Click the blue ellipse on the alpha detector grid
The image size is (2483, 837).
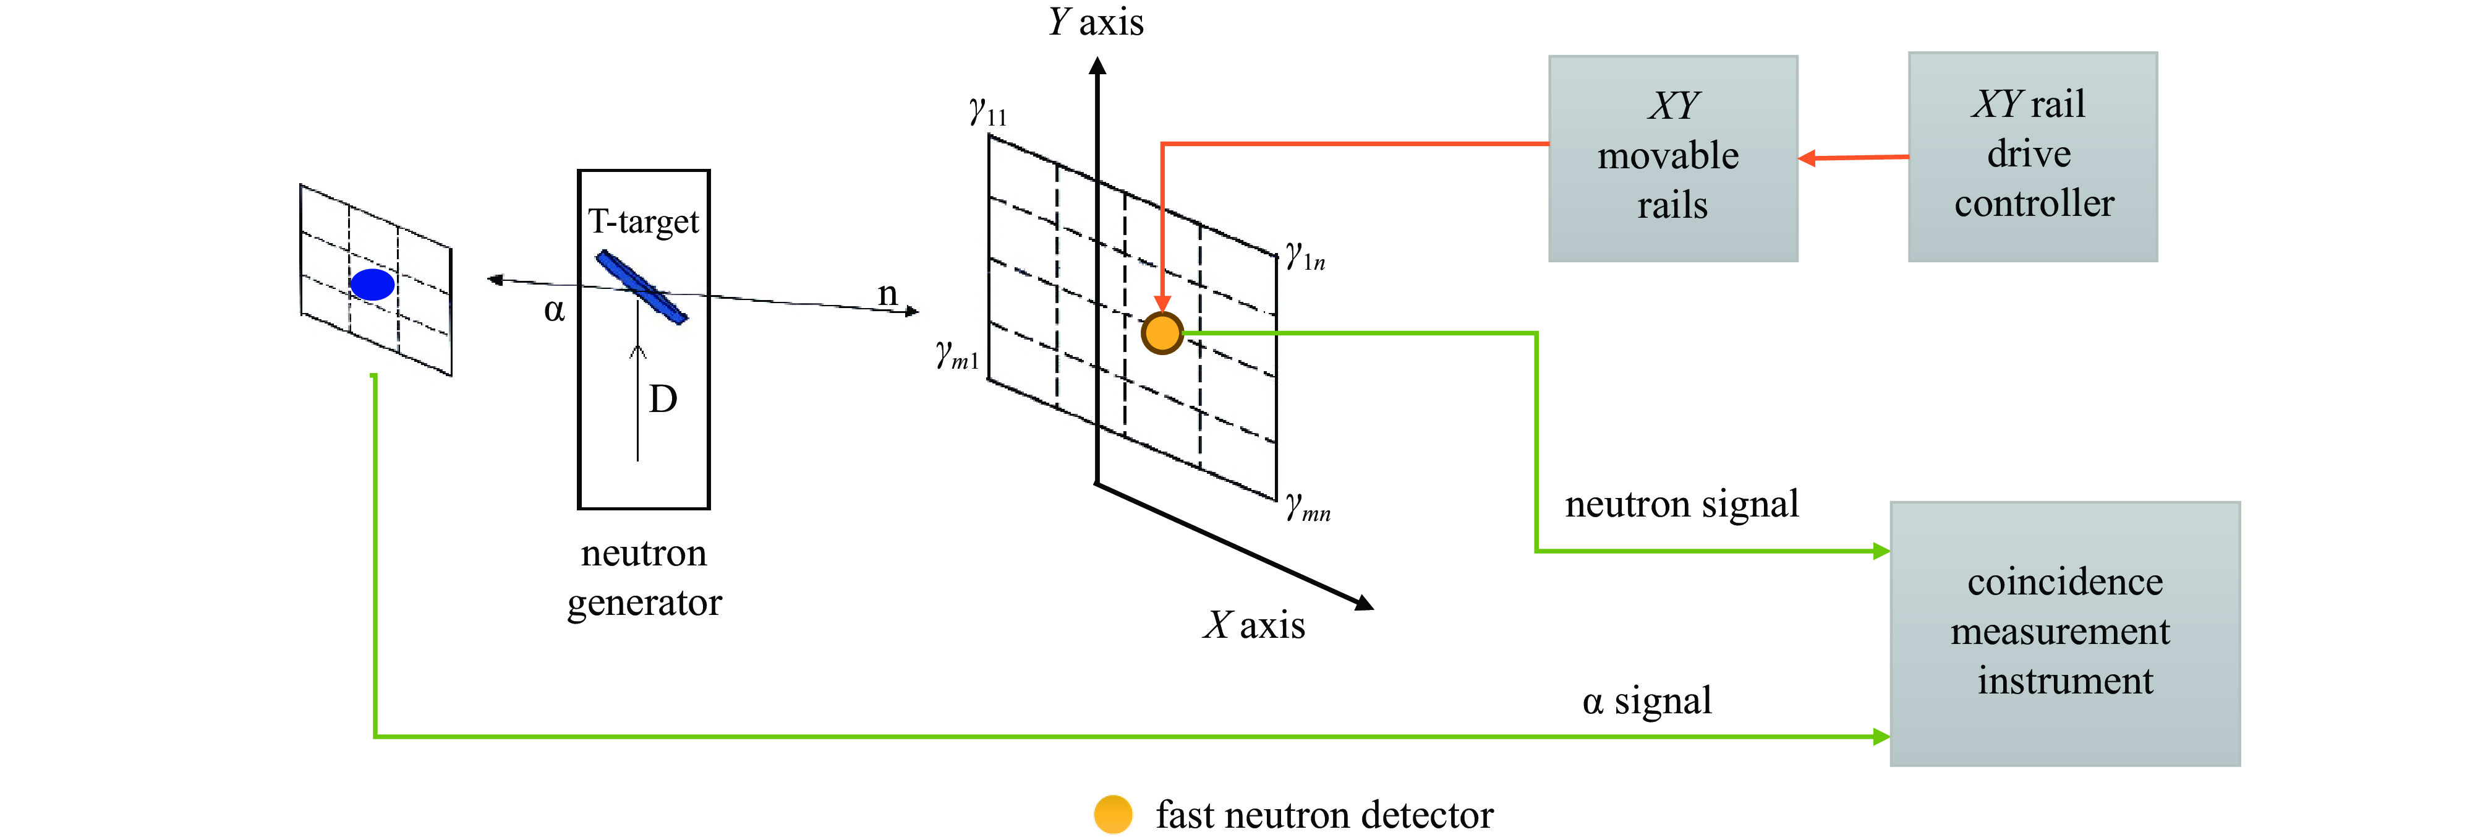pos(372,285)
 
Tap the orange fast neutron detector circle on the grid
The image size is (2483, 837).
pos(1162,333)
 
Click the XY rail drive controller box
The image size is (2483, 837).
pos(2032,157)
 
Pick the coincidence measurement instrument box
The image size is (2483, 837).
pos(2064,633)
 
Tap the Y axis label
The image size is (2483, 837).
pos(1096,21)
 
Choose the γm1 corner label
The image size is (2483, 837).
pos(957,356)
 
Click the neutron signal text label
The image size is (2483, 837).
pos(1681,504)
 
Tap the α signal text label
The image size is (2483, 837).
pos(1646,701)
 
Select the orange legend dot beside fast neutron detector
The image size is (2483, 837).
pos(1112,815)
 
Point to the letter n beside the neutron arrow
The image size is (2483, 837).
pos(887,293)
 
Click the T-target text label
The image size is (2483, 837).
pos(643,222)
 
